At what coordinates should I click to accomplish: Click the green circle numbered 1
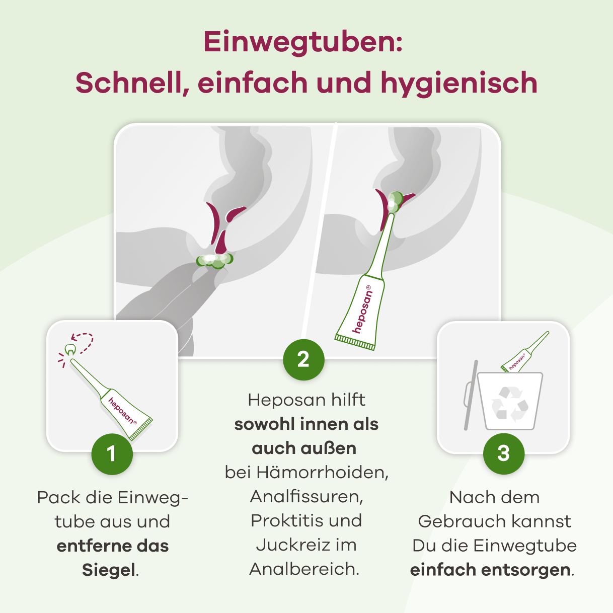point(112,454)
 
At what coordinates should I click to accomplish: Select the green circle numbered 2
point(303,359)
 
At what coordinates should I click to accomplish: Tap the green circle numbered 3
point(503,454)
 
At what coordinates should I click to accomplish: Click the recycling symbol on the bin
point(510,403)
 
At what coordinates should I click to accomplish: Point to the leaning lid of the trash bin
point(470,395)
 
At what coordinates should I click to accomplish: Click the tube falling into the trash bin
point(523,353)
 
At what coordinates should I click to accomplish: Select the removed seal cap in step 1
point(70,349)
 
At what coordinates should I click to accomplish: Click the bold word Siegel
point(109,570)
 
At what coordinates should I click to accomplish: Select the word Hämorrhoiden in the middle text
point(322,473)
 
